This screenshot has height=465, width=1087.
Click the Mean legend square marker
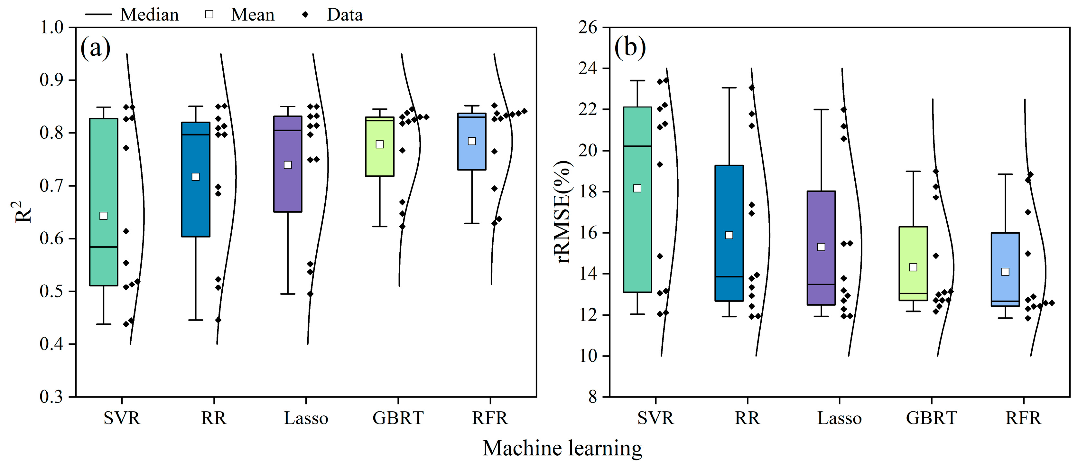click(x=209, y=15)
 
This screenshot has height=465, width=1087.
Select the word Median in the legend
click(x=149, y=15)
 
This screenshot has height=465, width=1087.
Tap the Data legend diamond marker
click(x=305, y=15)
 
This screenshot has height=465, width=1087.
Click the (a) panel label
click(x=95, y=48)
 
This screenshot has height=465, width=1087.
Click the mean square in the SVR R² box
click(x=103, y=216)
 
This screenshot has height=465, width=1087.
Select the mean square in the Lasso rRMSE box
click(x=821, y=247)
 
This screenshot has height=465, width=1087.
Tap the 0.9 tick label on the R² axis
click(x=51, y=80)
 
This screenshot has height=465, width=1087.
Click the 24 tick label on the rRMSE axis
click(x=588, y=68)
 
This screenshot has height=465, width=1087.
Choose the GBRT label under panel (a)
click(x=398, y=418)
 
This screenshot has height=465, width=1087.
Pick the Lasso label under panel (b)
click(x=839, y=418)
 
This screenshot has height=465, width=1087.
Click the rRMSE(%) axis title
click(x=565, y=212)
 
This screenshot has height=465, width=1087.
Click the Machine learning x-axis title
click(x=562, y=448)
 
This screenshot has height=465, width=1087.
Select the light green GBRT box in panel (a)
click(x=380, y=160)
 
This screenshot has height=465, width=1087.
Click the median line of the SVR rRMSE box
click(x=637, y=146)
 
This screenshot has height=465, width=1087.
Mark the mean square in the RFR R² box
click(x=472, y=141)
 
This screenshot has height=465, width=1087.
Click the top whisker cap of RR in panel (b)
click(x=729, y=88)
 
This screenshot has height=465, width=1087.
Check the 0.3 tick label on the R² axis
click(x=51, y=397)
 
